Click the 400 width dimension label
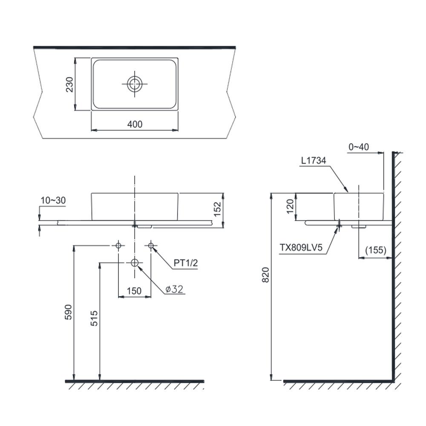[135, 124]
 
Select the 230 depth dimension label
[69, 84]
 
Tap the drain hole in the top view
[135, 84]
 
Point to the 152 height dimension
[218, 209]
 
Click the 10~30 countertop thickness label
[53, 200]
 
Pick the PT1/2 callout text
[186, 263]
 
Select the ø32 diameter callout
[174, 289]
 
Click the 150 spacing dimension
[134, 291]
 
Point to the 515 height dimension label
[94, 318]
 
